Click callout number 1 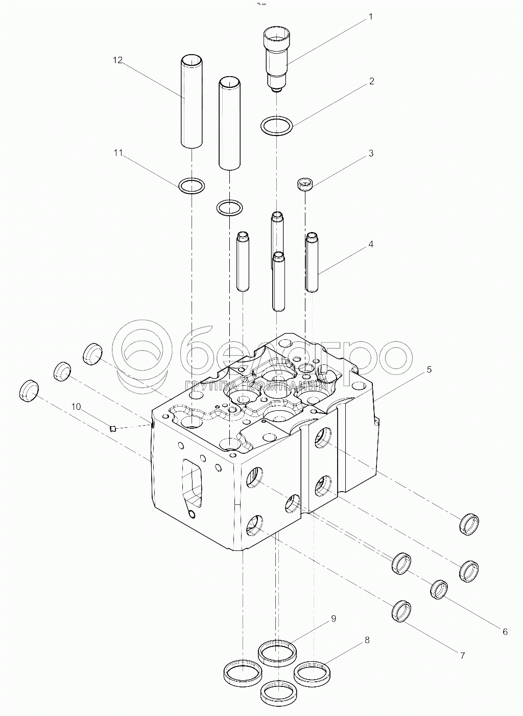pos(370,17)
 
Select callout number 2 pos(371,81)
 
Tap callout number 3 pos(371,153)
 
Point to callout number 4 pos(371,244)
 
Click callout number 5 pos(429,369)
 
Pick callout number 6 pos(505,632)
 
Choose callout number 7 pos(462,656)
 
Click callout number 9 pos(333,619)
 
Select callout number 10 pos(76,407)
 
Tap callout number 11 pos(118,153)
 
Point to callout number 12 pos(117,60)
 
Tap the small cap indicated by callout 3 pos(305,186)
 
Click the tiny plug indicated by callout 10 pos(112,429)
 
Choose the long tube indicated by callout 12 pos(192,102)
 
